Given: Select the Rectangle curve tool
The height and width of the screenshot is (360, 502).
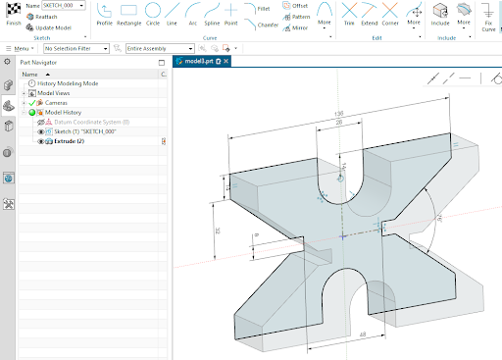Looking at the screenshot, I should (128, 13).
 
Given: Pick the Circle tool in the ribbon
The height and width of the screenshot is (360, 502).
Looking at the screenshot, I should (153, 13).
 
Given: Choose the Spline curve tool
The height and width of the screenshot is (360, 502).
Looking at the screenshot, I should (210, 13).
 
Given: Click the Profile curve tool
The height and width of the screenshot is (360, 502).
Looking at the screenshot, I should (104, 13).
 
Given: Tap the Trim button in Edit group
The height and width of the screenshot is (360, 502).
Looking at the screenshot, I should (349, 13).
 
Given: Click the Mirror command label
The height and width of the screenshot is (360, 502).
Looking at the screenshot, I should (296, 28).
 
